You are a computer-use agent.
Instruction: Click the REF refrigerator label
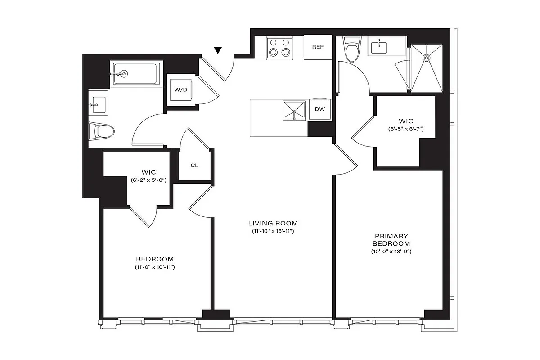click(x=318, y=47)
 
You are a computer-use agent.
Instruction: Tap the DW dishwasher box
click(x=320, y=109)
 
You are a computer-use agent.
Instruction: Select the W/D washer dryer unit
click(x=181, y=90)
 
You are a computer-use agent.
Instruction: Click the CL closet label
click(x=194, y=165)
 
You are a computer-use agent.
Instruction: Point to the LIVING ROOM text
click(x=273, y=223)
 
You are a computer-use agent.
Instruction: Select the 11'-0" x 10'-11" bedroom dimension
click(x=155, y=267)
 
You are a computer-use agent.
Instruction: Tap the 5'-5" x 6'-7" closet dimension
click(x=406, y=129)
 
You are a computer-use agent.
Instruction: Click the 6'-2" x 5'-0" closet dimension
click(x=148, y=180)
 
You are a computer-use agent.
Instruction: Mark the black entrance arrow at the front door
click(x=218, y=50)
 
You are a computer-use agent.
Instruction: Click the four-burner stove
click(x=279, y=48)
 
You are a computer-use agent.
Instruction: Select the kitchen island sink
click(x=293, y=110)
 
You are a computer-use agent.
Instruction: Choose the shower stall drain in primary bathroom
click(x=426, y=57)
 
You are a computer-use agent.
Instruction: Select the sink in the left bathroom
click(x=97, y=104)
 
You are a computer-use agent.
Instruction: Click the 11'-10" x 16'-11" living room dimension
click(x=273, y=231)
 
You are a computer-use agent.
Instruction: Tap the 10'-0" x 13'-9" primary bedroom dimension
click(x=390, y=252)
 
